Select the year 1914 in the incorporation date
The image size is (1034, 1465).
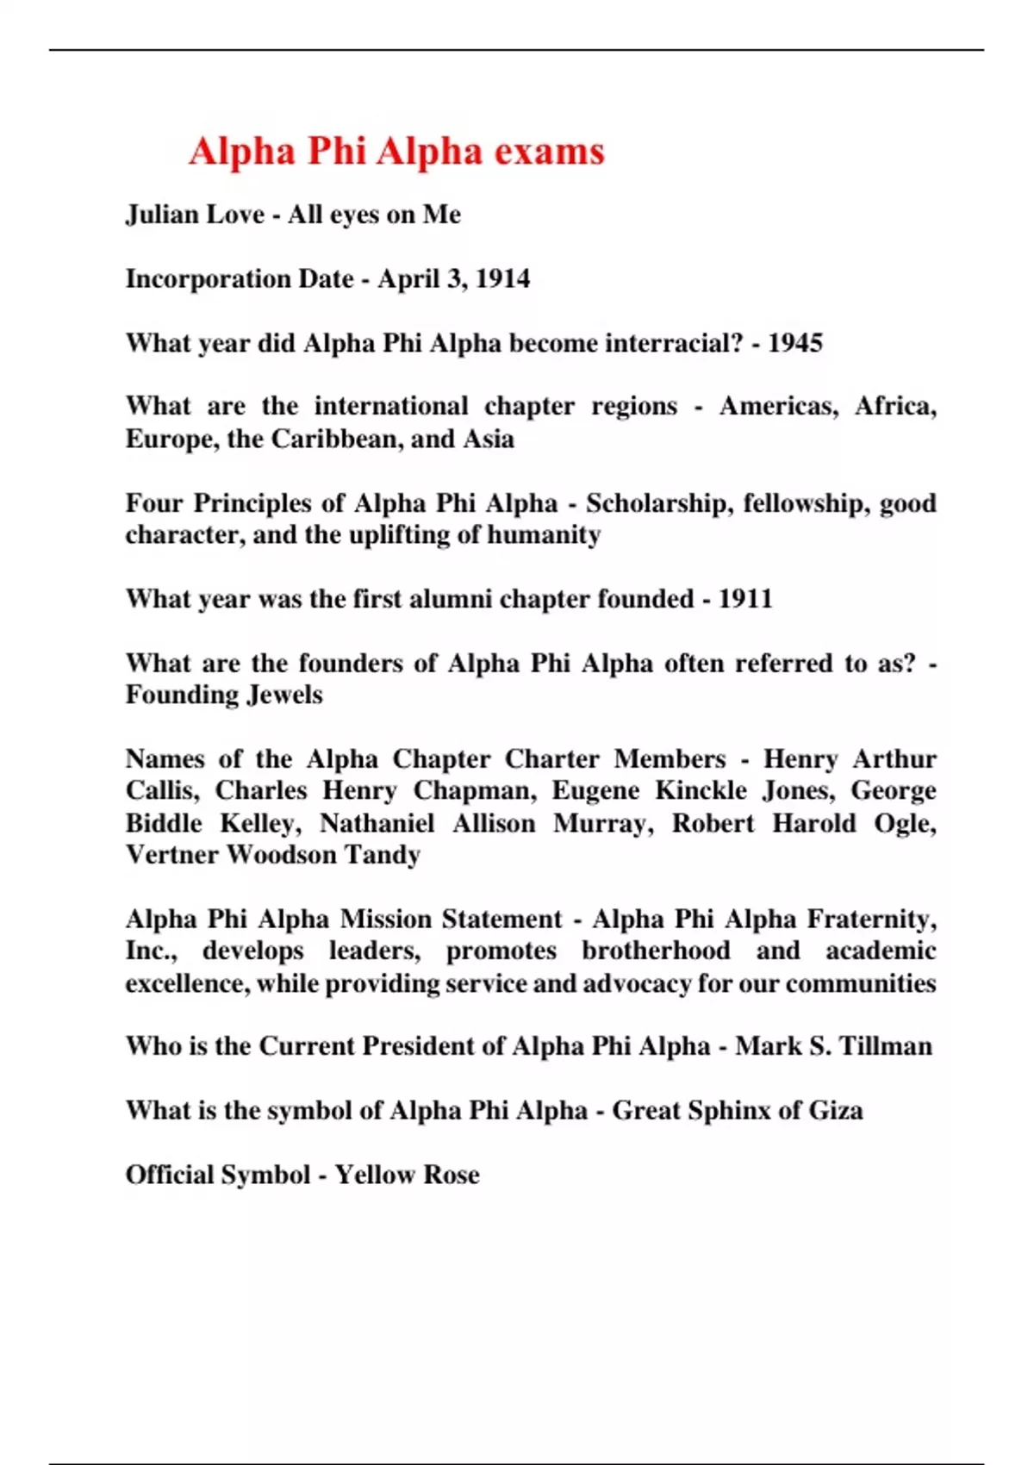click(502, 278)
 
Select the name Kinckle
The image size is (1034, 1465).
click(701, 790)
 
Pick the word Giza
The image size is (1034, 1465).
click(835, 1110)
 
